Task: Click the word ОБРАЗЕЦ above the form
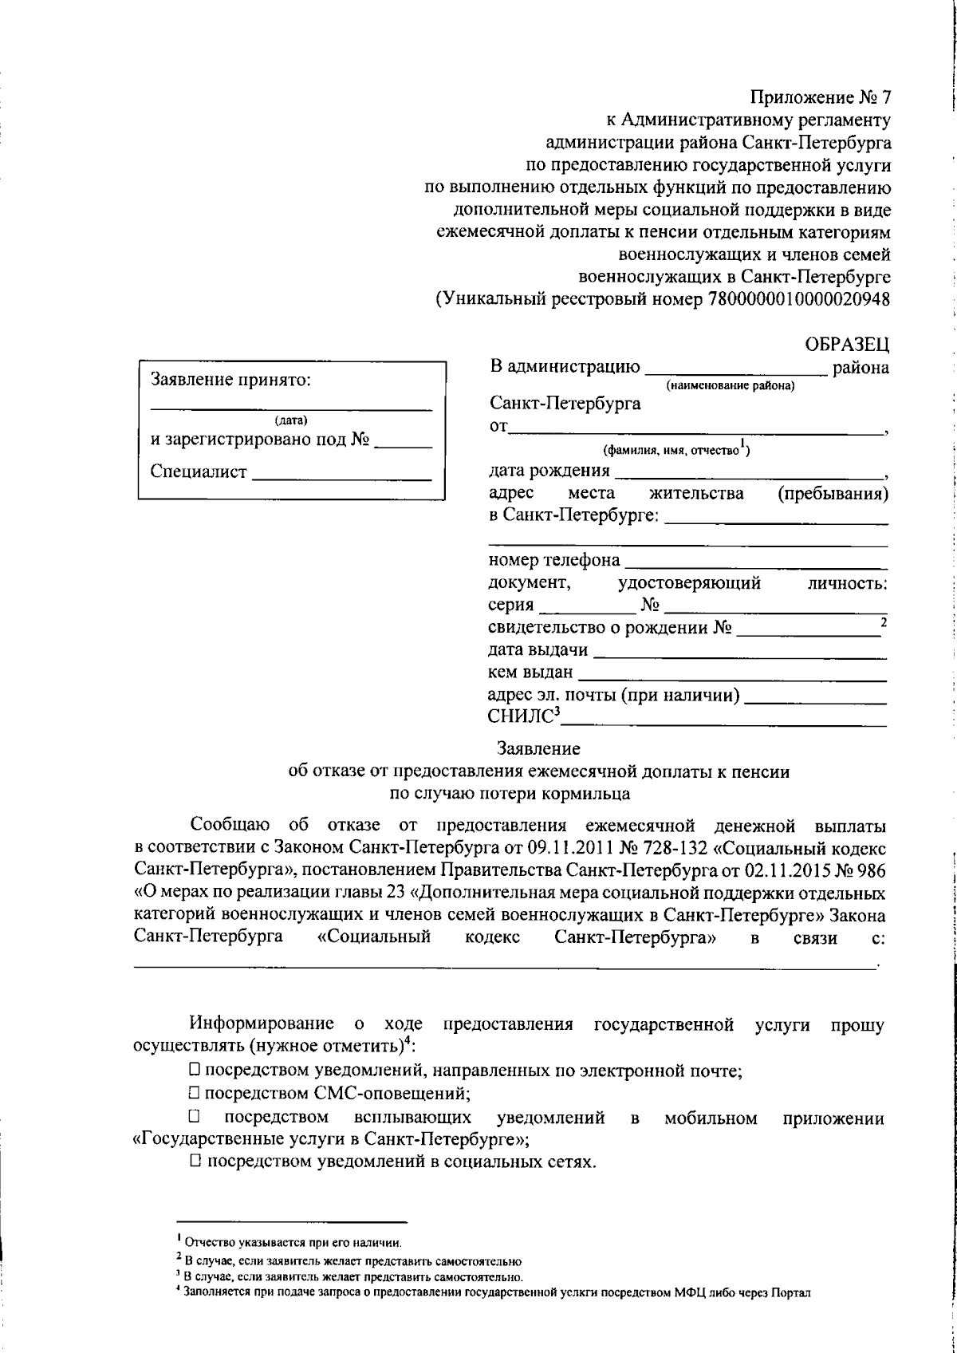[846, 345]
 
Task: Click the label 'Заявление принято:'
[230, 380]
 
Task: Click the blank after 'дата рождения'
[750, 471]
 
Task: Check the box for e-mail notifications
[195, 1071]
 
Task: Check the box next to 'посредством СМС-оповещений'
[195, 1094]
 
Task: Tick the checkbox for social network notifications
[195, 1161]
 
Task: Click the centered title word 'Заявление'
[538, 749]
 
